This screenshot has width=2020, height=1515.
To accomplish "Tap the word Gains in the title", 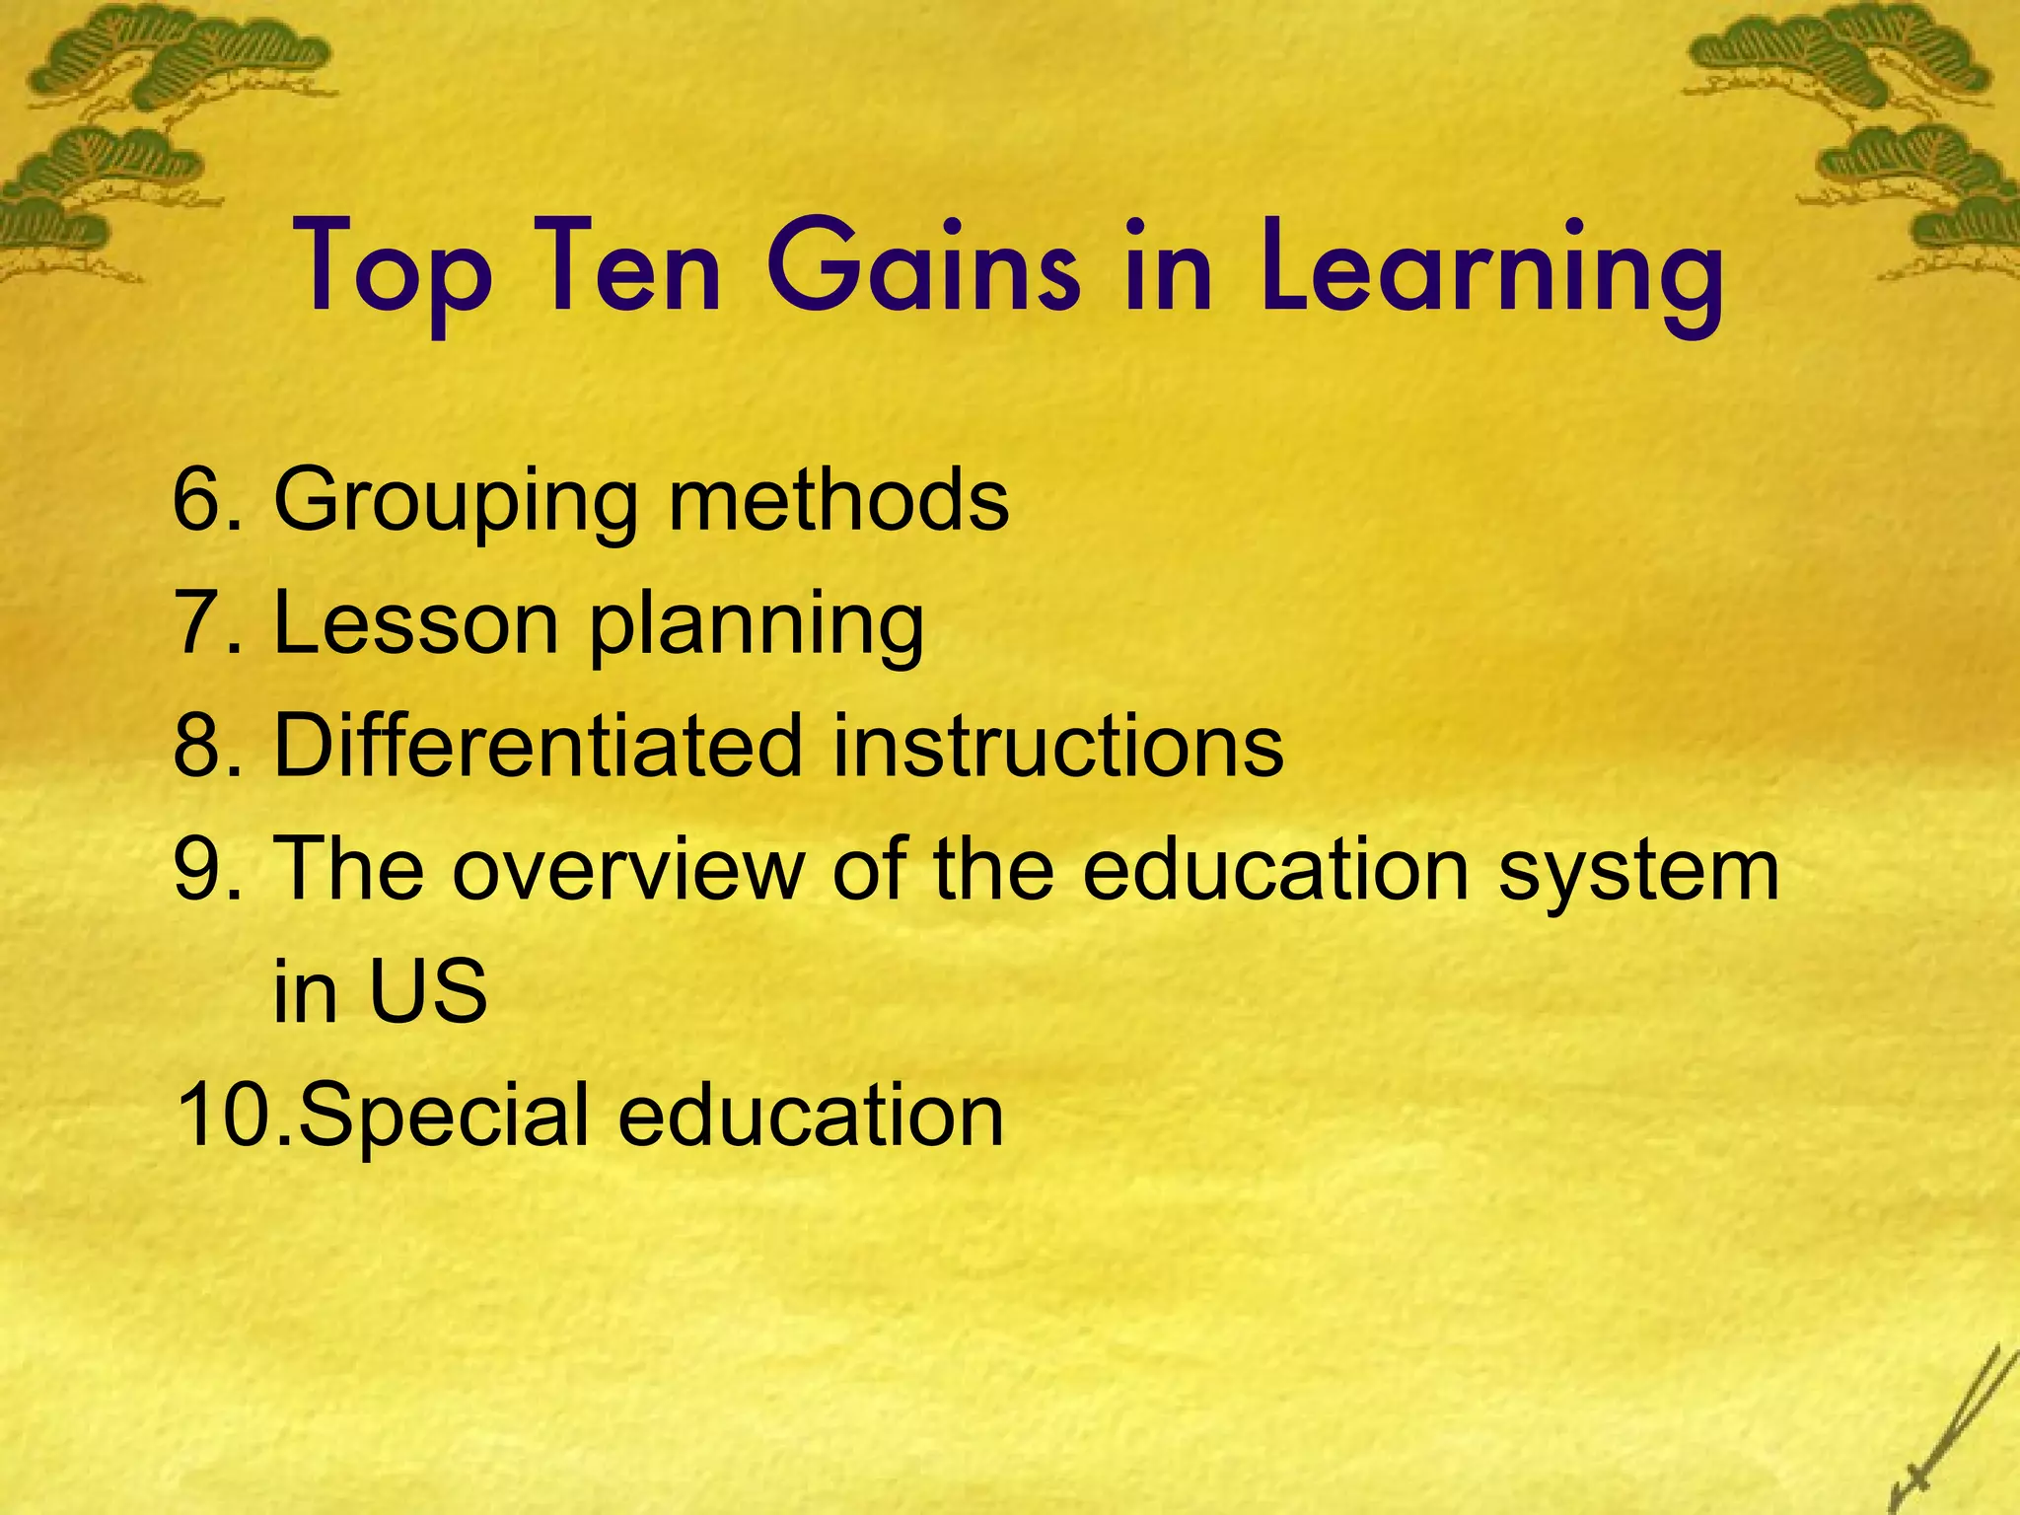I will pos(923,268).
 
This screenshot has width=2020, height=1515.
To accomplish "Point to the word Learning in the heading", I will pos(1490,268).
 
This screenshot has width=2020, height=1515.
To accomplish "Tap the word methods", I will pos(838,499).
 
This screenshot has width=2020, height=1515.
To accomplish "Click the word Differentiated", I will pos(538,745).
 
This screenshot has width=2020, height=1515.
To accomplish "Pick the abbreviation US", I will pos(429,990).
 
